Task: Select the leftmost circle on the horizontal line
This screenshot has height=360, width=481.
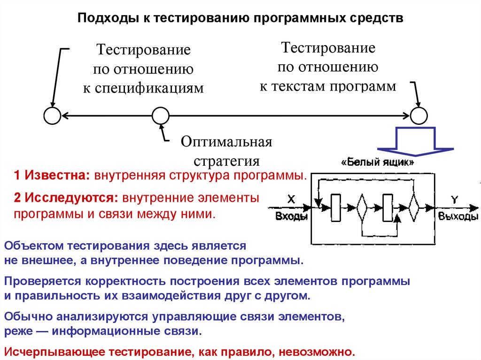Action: (52, 115)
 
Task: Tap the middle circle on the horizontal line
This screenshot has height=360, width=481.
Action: (161, 115)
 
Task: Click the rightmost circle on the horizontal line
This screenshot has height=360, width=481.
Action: (419, 115)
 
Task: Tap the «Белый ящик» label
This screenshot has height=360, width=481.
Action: (378, 163)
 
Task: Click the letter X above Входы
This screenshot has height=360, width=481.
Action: (291, 199)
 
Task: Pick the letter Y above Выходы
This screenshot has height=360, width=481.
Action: (454, 199)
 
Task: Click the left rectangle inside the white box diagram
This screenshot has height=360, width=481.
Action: (336, 207)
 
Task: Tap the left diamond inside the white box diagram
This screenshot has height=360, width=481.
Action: (361, 207)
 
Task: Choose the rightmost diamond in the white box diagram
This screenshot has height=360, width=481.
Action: (413, 207)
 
